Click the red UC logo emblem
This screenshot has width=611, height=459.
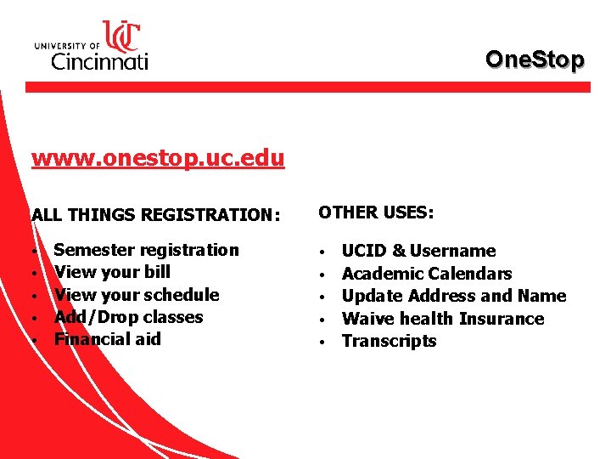121,36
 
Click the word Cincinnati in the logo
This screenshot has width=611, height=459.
100,59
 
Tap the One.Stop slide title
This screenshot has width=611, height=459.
535,59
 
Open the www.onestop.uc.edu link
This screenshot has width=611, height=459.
158,159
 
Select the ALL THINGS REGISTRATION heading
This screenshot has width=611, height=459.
155,215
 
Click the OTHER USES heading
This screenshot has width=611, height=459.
376,212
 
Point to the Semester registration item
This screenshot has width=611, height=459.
146,250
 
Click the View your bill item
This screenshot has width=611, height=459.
112,272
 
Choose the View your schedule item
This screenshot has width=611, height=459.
137,295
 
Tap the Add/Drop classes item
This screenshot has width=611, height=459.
128,317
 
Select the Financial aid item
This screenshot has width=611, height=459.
107,339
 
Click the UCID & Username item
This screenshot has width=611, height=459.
418,251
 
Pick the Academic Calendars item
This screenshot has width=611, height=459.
426,274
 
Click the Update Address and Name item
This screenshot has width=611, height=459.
453,296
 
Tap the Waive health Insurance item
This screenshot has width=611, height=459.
442,319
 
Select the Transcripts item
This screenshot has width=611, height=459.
389,341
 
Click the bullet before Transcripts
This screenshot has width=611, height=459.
322,342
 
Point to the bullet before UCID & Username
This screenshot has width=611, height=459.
322,252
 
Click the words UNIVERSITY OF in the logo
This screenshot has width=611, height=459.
67,45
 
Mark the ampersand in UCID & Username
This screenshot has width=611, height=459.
399,251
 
